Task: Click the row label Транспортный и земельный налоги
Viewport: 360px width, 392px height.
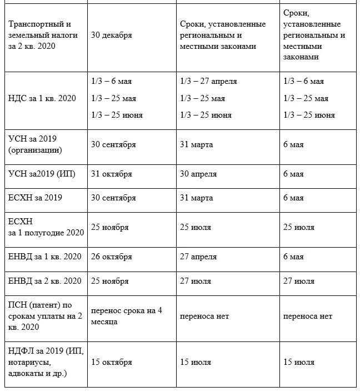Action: [43, 35]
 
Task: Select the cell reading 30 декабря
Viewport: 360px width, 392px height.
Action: [112, 35]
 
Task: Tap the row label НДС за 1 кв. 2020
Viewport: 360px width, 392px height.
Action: [42, 98]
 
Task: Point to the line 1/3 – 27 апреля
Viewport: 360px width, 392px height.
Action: [208, 81]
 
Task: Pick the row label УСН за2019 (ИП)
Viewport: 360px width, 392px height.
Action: [42, 174]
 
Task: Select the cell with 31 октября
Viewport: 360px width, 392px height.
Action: [112, 174]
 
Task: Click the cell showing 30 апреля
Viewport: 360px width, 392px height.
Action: [198, 174]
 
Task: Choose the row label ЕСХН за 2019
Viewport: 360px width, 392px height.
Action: [34, 198]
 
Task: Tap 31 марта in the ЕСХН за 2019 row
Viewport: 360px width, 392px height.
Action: [196, 198]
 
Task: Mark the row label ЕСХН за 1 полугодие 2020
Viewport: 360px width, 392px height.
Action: [46, 227]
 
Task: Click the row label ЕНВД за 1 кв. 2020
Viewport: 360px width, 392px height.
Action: [44, 257]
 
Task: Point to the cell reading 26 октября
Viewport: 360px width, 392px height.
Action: [112, 257]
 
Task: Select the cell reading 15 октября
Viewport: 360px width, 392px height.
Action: [112, 362]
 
